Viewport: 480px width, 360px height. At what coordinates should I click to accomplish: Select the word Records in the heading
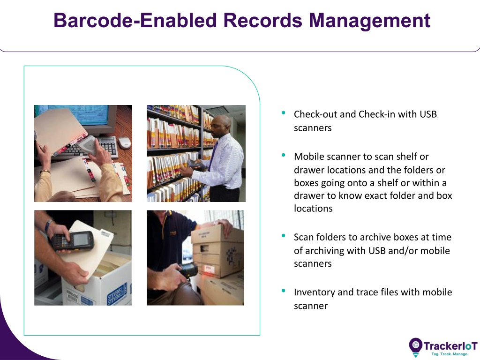click(x=263, y=21)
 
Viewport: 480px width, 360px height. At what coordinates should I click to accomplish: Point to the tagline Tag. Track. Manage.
click(x=450, y=354)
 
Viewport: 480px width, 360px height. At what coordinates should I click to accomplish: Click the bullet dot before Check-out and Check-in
click(x=283, y=112)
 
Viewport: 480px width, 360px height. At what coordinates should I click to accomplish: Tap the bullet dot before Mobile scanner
click(x=283, y=155)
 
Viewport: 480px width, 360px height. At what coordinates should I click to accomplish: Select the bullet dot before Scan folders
click(x=283, y=235)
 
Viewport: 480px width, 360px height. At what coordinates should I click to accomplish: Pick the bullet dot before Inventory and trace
click(x=283, y=291)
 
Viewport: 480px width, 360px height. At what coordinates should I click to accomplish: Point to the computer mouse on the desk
click(x=124, y=142)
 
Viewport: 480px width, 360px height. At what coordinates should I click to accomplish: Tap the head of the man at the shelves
click(x=221, y=126)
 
